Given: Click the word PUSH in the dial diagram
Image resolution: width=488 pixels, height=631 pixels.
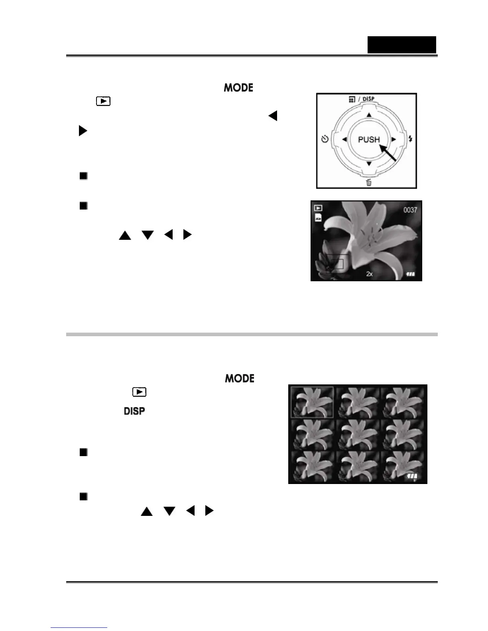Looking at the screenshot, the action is tap(368, 139).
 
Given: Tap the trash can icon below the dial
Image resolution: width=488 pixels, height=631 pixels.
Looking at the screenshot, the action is tap(369, 183).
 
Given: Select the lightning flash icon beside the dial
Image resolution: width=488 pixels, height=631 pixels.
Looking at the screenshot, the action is tap(410, 139).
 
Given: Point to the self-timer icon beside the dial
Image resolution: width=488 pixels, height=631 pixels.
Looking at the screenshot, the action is tap(325, 139).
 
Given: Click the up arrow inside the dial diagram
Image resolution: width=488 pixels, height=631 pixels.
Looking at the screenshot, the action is tap(369, 115).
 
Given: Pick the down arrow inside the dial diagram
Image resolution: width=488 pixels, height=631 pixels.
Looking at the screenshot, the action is tap(369, 164).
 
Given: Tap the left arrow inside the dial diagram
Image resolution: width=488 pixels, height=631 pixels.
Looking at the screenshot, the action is tap(344, 139).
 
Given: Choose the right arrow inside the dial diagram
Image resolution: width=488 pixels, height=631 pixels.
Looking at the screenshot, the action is tap(394, 139).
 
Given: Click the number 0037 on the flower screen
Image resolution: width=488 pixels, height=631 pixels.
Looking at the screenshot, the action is tap(410, 210).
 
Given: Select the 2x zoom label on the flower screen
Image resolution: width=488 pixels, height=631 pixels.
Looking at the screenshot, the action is tap(370, 274).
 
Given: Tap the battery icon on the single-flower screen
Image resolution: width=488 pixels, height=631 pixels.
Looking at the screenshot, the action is tap(411, 274).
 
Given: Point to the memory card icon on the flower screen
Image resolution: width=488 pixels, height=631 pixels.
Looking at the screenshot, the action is tap(318, 218).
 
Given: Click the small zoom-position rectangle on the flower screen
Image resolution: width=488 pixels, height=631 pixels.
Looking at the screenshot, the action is tap(339, 263).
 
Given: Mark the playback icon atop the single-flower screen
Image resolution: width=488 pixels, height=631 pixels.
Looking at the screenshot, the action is tap(318, 208).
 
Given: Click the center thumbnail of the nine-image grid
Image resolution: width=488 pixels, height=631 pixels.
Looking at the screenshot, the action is tap(357, 434).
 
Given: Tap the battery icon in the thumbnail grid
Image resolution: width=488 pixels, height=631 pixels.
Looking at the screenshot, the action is tap(412, 476).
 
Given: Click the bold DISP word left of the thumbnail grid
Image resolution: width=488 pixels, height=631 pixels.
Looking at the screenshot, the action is tap(134, 411).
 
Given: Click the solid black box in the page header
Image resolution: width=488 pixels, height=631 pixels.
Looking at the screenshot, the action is tap(401, 45).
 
